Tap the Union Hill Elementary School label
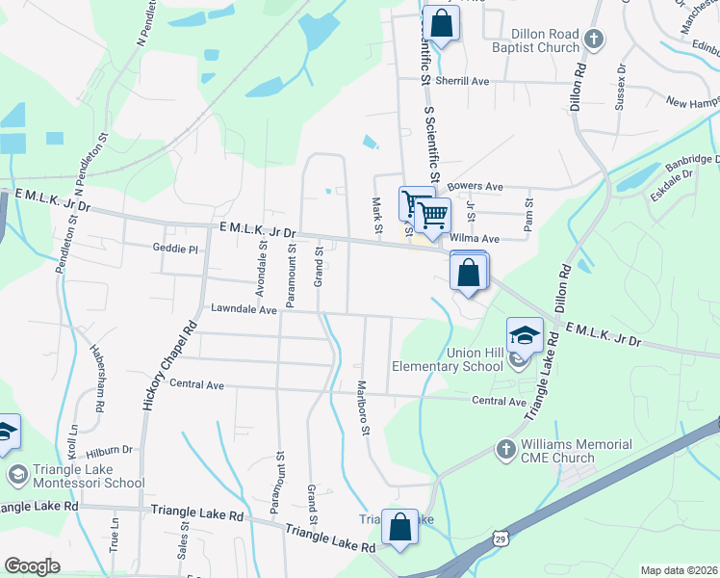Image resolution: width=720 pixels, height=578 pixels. pos(448,359)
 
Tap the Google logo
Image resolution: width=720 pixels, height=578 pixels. pos(32,565)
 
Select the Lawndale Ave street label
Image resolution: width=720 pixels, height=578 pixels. pos(244,310)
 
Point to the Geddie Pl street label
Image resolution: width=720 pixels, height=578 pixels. pos(174,249)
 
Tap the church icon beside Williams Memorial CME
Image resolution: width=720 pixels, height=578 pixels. pos(506,450)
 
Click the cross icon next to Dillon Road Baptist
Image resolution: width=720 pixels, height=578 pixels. pos(594,39)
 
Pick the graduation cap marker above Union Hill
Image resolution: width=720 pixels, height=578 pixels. pos(525,336)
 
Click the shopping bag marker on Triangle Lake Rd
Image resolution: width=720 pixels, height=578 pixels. pos(399,528)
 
